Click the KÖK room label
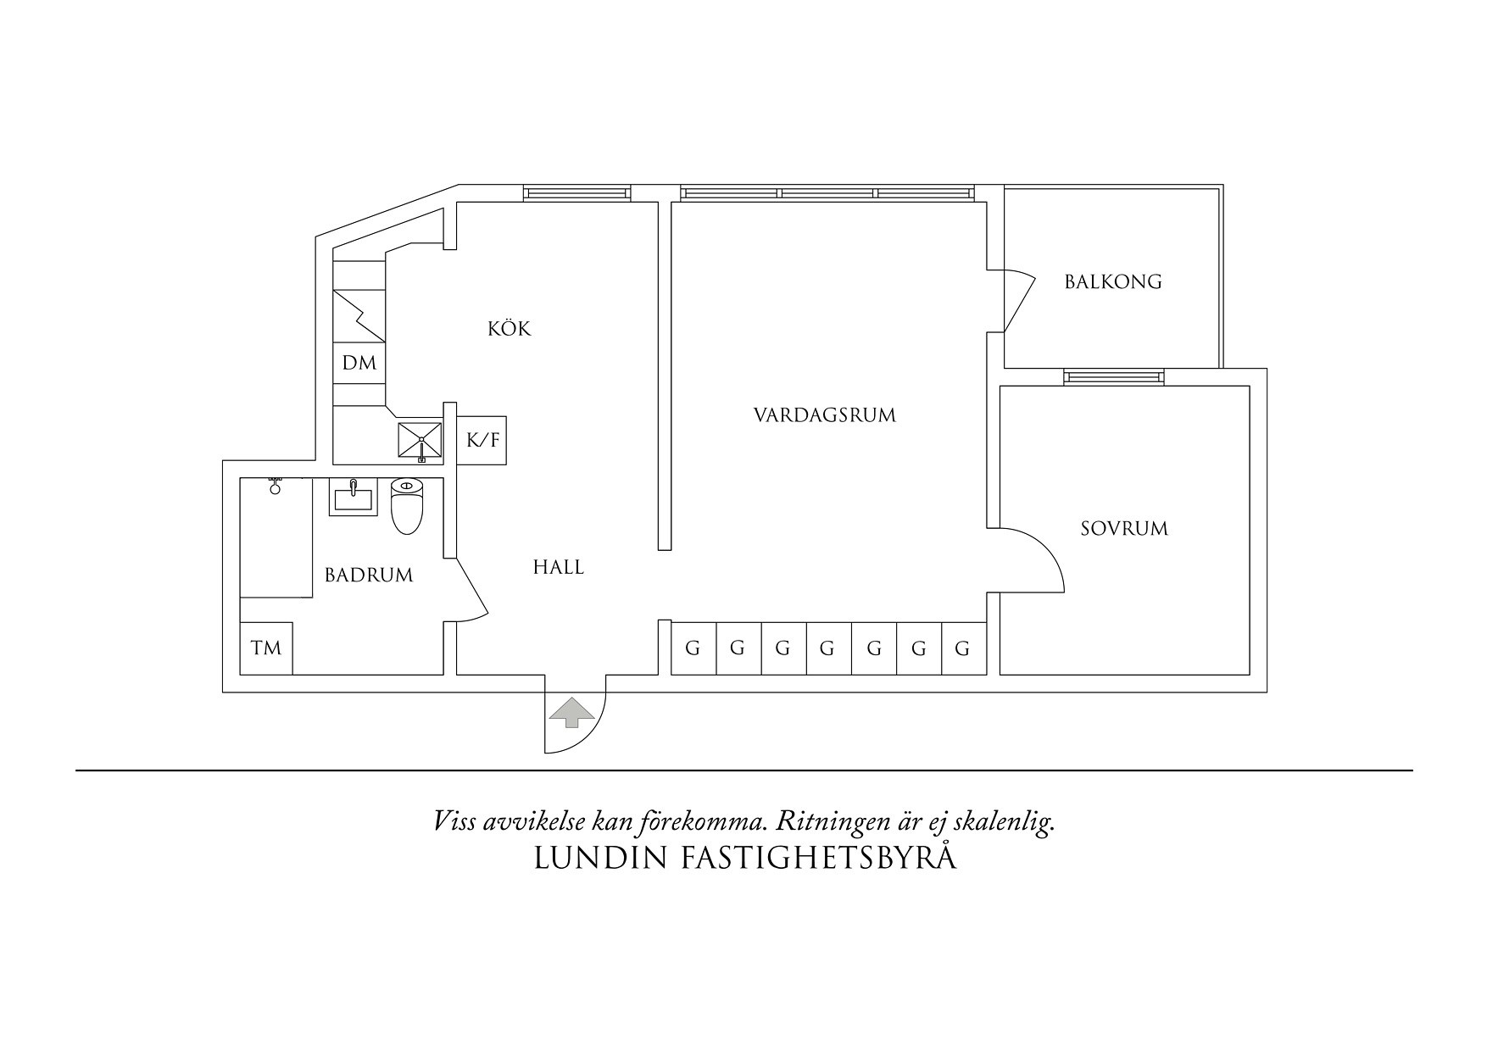click(x=510, y=328)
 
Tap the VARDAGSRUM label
click(x=825, y=415)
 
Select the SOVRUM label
click(x=1124, y=529)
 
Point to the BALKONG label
click(x=1113, y=281)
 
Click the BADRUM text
click(x=369, y=576)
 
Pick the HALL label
click(x=559, y=567)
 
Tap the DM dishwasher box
click(x=359, y=363)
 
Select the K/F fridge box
click(x=482, y=440)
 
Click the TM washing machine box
click(x=266, y=648)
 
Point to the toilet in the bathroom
click(x=407, y=506)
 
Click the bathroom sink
click(x=353, y=498)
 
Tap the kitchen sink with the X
click(x=421, y=441)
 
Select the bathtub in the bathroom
click(x=276, y=537)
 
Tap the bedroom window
click(x=1114, y=376)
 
